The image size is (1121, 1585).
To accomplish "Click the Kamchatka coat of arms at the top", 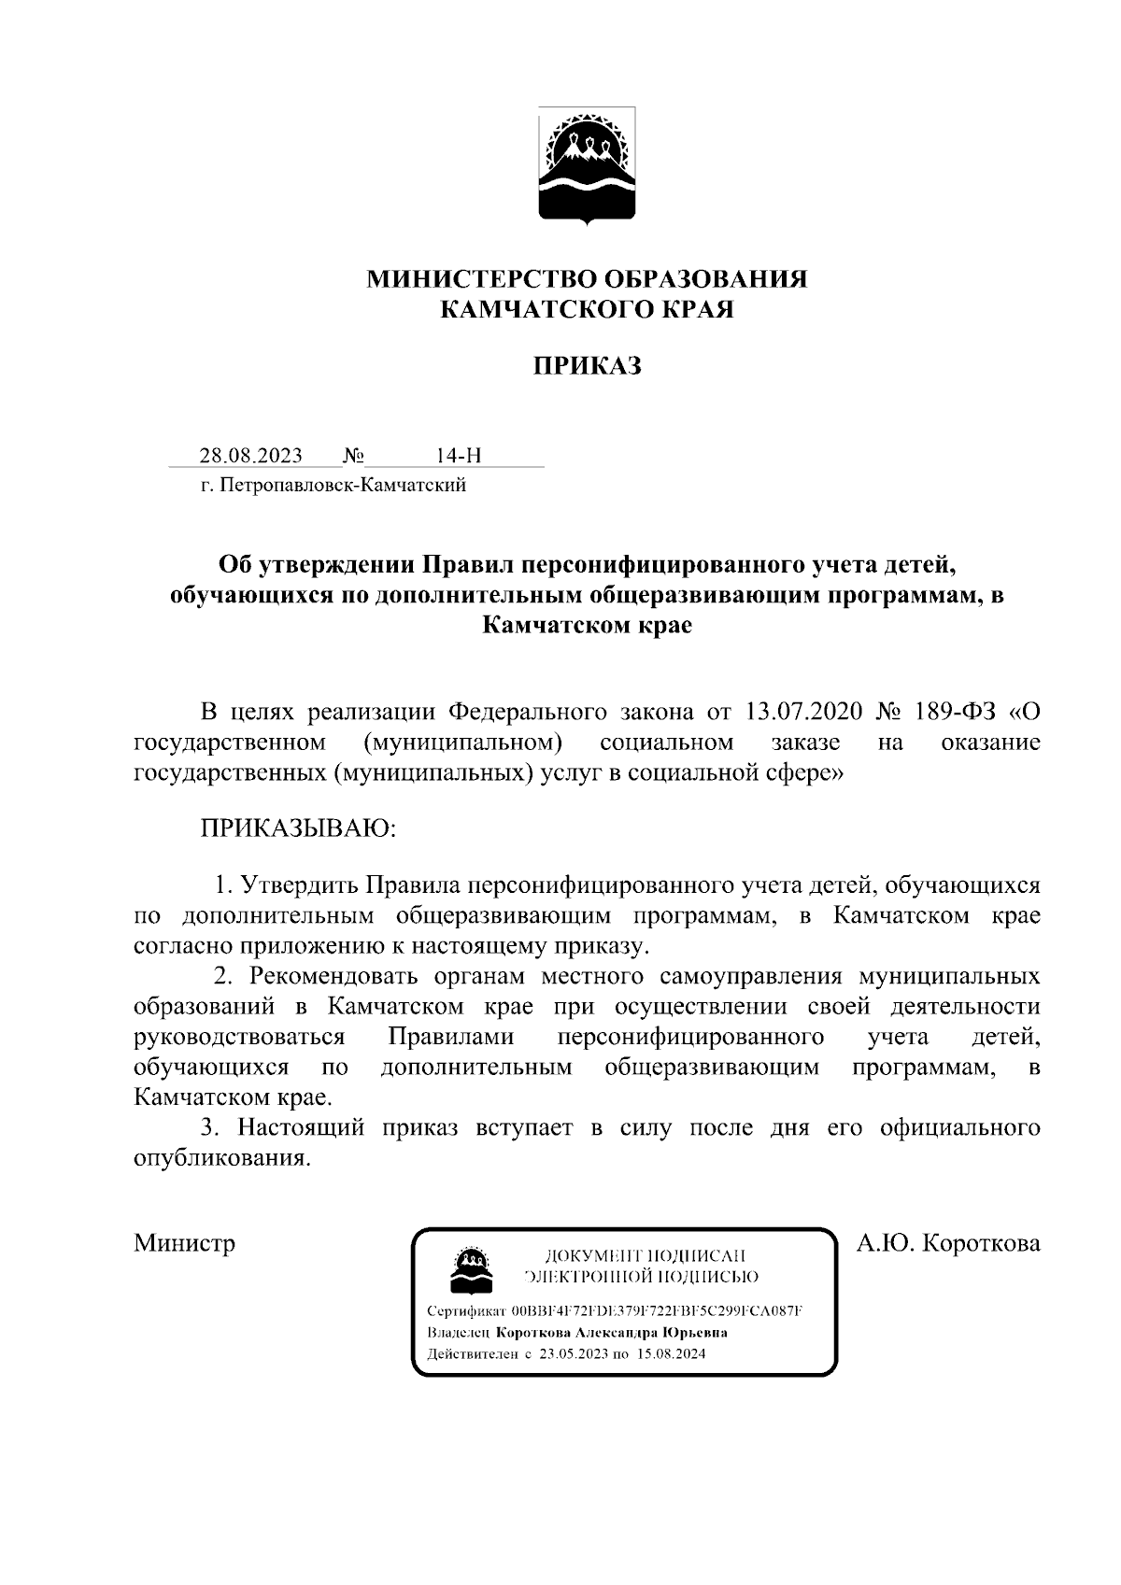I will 587,166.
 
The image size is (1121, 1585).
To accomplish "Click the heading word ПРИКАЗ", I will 587,366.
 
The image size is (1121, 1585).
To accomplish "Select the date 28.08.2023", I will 250,456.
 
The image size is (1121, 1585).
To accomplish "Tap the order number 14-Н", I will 458,456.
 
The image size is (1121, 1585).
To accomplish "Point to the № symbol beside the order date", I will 353,456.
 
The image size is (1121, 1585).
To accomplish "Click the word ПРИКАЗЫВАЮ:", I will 299,828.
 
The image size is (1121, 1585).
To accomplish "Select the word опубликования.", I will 221,1158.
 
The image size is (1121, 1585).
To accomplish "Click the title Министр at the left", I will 184,1243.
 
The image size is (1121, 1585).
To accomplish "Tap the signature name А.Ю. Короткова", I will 948,1243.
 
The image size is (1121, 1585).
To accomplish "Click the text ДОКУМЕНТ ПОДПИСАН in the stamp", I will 645,1256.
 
